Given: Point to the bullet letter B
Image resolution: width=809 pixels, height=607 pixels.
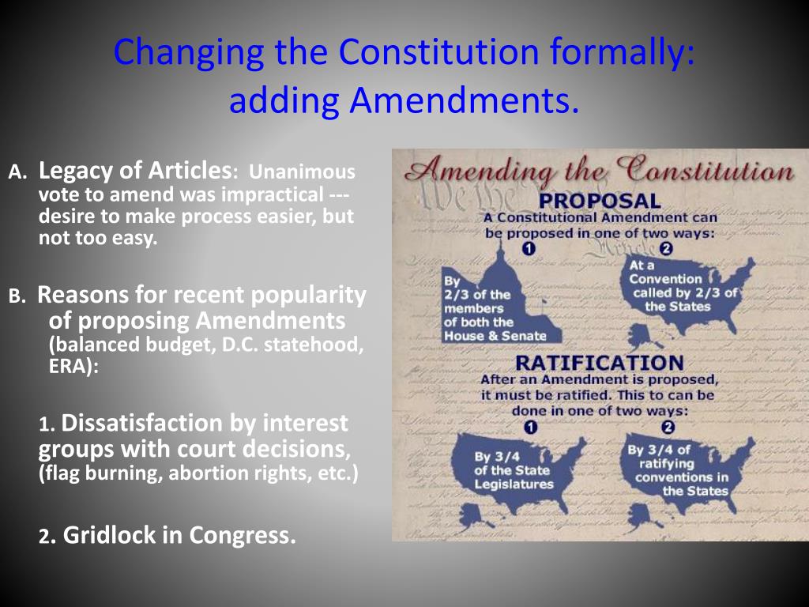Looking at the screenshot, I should click(x=17, y=296).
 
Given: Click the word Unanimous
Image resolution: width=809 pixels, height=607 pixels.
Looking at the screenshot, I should click(x=303, y=172).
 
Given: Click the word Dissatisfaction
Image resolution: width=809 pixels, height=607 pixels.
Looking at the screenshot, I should click(x=205, y=423).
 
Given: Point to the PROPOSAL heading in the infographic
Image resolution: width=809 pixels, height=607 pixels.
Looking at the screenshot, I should click(x=600, y=201).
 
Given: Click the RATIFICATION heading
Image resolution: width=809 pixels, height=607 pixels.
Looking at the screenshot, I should click(x=600, y=363).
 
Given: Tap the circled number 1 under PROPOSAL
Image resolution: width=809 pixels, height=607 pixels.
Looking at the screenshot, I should click(x=529, y=248).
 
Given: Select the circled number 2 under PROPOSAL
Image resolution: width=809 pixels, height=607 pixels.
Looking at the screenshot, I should click(x=665, y=248).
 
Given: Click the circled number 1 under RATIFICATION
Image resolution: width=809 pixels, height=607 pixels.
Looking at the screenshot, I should click(x=530, y=428).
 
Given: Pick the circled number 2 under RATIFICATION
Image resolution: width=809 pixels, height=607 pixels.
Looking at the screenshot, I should click(x=668, y=428).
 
